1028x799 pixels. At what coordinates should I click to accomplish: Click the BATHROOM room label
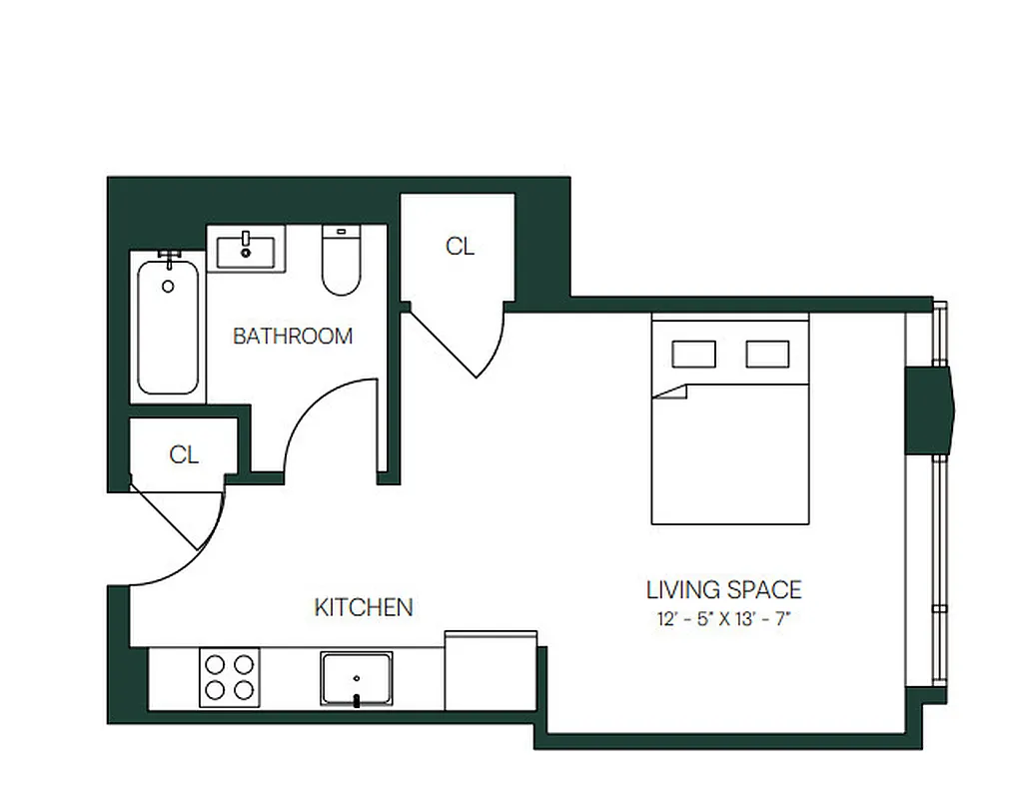click(293, 336)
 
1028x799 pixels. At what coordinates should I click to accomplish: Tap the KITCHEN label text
click(364, 607)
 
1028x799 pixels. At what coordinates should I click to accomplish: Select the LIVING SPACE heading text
click(723, 590)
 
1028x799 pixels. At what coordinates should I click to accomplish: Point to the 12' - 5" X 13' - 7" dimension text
click(724, 618)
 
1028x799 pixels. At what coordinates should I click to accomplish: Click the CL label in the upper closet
click(460, 247)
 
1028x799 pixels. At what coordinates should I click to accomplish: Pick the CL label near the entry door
click(184, 455)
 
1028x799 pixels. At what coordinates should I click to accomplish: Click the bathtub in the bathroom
click(168, 329)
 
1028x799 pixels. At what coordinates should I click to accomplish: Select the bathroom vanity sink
click(247, 248)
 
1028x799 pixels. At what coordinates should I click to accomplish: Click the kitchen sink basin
click(357, 679)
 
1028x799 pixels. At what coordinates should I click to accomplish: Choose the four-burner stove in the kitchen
click(229, 677)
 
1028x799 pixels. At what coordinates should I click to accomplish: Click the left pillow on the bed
click(693, 355)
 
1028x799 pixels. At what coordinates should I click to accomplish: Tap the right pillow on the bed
click(767, 355)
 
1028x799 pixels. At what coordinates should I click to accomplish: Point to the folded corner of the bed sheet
click(672, 391)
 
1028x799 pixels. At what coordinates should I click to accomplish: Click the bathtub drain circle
click(168, 287)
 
